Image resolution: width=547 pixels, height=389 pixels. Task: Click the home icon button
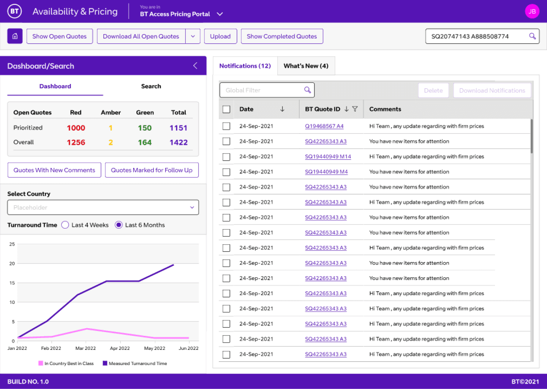pyautogui.click(x=15, y=36)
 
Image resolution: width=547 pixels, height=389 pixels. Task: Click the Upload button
pyautogui.click(x=220, y=36)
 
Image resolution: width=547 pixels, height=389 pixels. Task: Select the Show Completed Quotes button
pyautogui.click(x=282, y=36)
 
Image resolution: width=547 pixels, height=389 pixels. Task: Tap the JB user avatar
pyautogui.click(x=532, y=11)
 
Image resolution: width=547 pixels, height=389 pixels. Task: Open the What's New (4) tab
pyautogui.click(x=306, y=66)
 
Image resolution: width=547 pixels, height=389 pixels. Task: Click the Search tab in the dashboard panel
pyautogui.click(x=151, y=86)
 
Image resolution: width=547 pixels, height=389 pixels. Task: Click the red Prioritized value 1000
pyautogui.click(x=76, y=128)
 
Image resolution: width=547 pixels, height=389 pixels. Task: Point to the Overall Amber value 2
pyautogui.click(x=111, y=142)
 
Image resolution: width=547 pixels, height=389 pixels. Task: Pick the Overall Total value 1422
pyautogui.click(x=179, y=142)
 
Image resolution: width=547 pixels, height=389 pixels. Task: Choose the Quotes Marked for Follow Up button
pyautogui.click(x=152, y=170)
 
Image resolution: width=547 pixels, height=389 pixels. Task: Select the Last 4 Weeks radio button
pyautogui.click(x=65, y=225)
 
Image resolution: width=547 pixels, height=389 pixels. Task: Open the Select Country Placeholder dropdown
pyautogui.click(x=103, y=207)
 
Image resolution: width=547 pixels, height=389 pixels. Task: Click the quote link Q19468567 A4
pyautogui.click(x=324, y=126)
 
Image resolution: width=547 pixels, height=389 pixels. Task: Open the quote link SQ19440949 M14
pyautogui.click(x=328, y=157)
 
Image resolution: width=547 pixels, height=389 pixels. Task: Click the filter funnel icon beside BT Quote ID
pyautogui.click(x=355, y=109)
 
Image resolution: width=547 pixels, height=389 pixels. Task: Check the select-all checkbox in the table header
pyautogui.click(x=226, y=109)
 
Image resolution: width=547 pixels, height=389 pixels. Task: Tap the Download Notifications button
pyautogui.click(x=492, y=90)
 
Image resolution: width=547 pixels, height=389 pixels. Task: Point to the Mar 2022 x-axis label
pyautogui.click(x=85, y=348)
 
